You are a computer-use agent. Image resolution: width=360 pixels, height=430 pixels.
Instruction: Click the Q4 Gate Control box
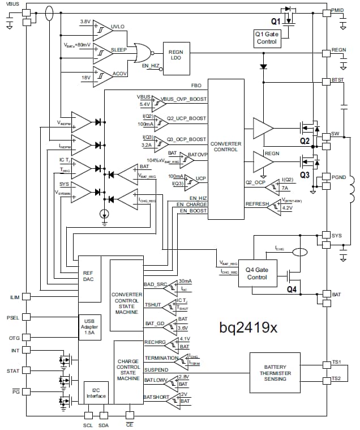click(x=257, y=274)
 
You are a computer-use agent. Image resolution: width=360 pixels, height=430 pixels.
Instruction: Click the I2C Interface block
click(x=96, y=392)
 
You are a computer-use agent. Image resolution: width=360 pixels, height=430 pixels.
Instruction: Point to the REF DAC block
click(x=88, y=276)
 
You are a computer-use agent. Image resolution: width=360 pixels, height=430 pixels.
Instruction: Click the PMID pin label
click(x=338, y=11)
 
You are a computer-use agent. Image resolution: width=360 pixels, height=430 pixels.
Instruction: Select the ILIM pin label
click(x=14, y=297)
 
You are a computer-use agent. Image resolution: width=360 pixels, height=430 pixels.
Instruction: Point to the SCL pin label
click(x=88, y=424)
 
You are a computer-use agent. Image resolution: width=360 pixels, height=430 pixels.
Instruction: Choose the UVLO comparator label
click(x=118, y=27)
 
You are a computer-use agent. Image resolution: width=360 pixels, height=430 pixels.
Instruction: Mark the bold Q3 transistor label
click(x=305, y=175)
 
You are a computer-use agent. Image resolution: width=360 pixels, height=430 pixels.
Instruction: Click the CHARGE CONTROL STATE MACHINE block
click(x=128, y=369)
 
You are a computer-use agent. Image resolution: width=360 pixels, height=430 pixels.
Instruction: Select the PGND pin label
click(x=339, y=177)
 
